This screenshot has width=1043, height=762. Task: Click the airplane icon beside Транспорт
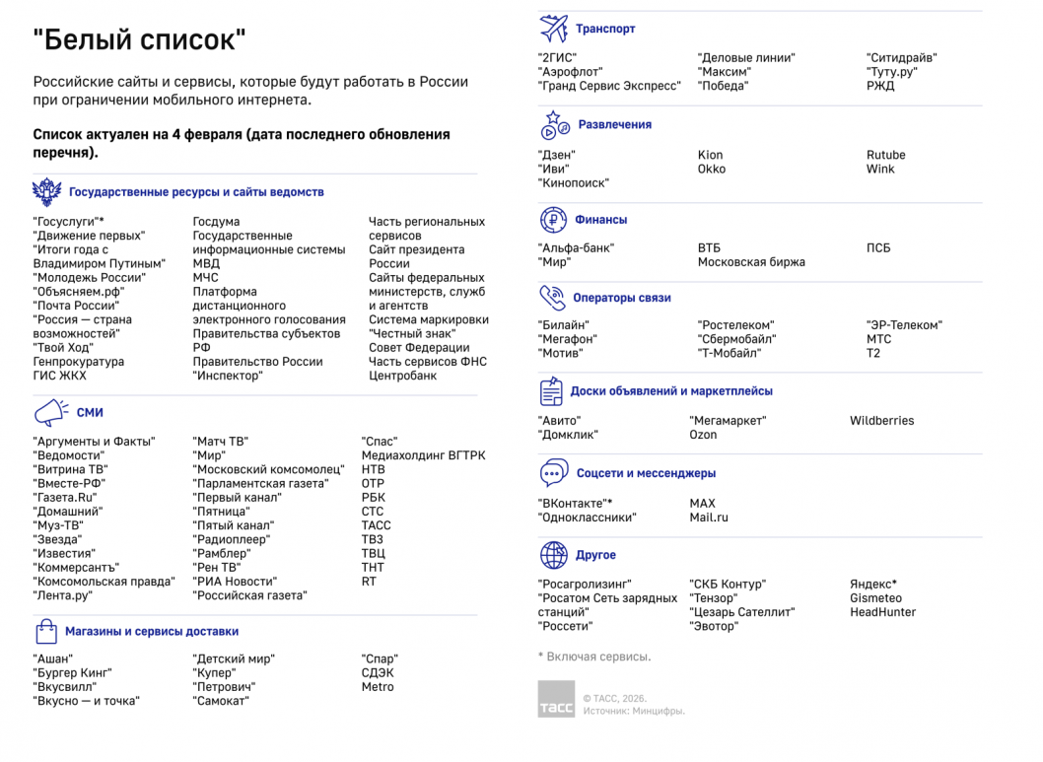[x=553, y=28]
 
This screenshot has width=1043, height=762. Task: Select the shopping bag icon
[x=46, y=631]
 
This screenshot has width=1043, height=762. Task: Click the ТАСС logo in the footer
[x=555, y=699]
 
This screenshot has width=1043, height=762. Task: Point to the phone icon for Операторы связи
[x=552, y=297]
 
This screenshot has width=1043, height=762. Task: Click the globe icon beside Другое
[x=553, y=555]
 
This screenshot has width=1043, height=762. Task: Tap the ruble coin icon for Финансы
[x=553, y=220]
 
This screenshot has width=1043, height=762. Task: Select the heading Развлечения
[x=614, y=125]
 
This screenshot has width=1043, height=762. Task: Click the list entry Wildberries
[x=881, y=421]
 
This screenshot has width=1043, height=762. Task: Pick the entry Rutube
[x=885, y=155]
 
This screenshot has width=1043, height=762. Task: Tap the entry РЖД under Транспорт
[x=880, y=86]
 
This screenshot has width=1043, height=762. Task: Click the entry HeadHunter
[x=882, y=612]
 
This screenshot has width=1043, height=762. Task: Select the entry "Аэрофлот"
[x=570, y=72]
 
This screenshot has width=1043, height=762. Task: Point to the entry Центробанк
[x=402, y=376]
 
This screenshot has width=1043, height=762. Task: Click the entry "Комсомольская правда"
[x=104, y=582]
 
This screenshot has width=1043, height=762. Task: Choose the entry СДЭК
[x=378, y=673]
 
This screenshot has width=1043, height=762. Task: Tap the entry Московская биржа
[x=751, y=262]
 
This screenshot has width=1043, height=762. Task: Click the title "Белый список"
[x=139, y=40]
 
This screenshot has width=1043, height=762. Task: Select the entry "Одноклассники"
[x=588, y=518]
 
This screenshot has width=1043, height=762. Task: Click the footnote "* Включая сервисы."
[x=593, y=657]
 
